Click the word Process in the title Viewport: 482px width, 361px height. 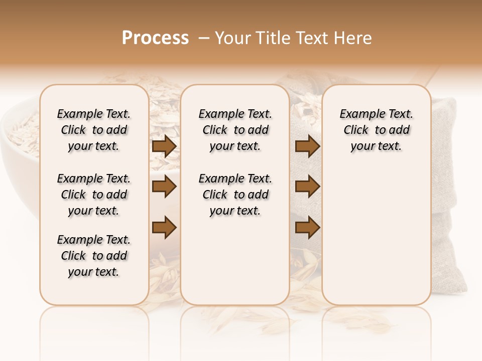point(155,38)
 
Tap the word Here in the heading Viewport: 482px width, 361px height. point(352,38)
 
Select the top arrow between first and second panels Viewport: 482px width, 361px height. point(164,146)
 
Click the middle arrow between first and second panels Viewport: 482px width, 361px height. point(164,187)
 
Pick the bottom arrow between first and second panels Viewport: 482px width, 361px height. point(164,227)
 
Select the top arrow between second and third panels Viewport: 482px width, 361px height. point(307,146)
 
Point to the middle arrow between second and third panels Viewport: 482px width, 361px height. point(307,187)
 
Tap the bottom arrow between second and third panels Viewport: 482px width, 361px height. point(307,227)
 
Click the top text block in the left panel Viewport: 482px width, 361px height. point(94,130)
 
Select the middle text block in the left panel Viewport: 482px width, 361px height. point(94,195)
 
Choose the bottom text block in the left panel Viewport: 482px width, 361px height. point(94,256)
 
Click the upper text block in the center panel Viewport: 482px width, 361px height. point(235,130)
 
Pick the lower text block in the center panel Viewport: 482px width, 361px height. point(235,195)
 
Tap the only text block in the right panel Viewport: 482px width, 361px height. point(376,130)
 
